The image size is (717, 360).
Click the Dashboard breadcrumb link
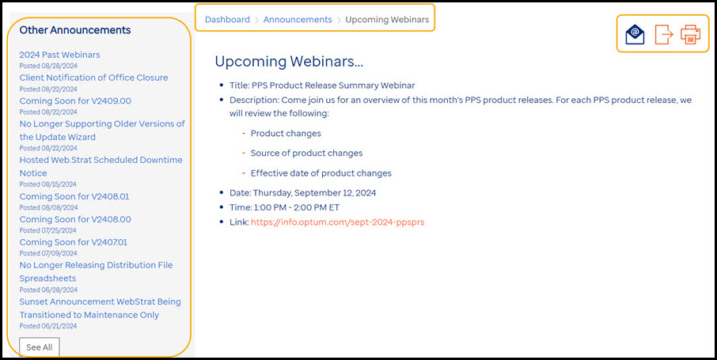click(x=227, y=20)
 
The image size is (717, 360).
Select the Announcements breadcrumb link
click(x=298, y=20)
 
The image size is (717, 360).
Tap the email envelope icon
click(x=635, y=35)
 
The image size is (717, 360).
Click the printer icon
click(x=690, y=35)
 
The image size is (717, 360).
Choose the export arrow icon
click(x=663, y=35)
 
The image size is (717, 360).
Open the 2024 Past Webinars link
click(x=59, y=55)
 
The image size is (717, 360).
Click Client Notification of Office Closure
click(x=93, y=78)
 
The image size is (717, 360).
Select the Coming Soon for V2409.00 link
click(x=75, y=100)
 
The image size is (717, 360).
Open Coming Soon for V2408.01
click(x=74, y=197)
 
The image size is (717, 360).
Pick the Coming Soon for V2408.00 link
click(x=75, y=220)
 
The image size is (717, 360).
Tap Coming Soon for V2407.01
click(x=73, y=242)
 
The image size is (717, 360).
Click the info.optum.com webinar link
click(x=337, y=222)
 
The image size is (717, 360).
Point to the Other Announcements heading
click(x=75, y=30)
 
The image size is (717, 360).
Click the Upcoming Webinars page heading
click(x=289, y=62)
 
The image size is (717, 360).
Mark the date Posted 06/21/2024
click(x=48, y=326)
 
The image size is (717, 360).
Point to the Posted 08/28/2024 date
click(x=48, y=66)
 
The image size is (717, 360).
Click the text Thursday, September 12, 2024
click(x=315, y=193)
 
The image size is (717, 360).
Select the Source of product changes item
click(x=306, y=153)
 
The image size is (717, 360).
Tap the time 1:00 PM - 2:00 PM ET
click(x=295, y=207)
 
